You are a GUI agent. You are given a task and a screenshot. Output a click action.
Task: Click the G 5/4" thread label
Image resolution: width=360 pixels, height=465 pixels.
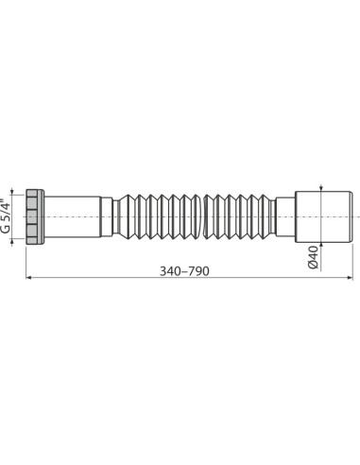[9, 216]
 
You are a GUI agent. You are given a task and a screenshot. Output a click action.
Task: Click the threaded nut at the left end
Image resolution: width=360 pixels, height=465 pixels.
[35, 216]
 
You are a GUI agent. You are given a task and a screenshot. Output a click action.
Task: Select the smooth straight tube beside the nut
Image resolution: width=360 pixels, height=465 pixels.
[74, 216]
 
